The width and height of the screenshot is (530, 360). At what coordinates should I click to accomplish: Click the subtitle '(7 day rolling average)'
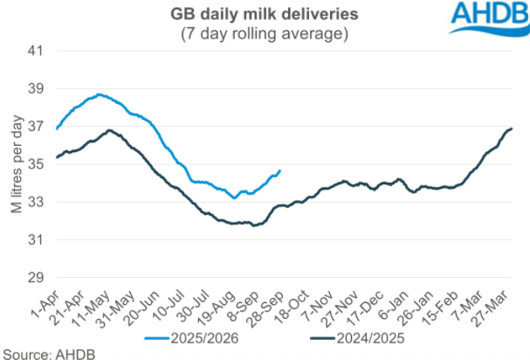pos(265,33)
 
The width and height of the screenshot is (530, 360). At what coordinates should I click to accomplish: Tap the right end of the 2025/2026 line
pos(279,170)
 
